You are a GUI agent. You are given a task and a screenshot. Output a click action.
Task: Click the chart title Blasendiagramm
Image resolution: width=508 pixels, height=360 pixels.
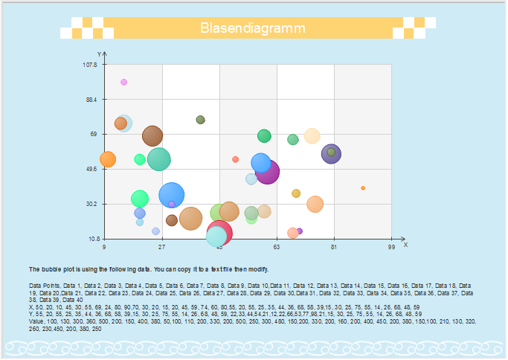[254, 28]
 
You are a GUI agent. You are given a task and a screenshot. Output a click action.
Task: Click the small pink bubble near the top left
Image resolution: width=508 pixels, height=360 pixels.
[123, 82]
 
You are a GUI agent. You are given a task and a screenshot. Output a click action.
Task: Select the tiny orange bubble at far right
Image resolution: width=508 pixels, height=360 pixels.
[363, 188]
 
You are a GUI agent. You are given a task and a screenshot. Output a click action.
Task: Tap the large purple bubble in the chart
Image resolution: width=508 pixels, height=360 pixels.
[267, 171]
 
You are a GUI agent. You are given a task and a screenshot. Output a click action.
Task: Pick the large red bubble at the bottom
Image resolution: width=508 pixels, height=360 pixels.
[219, 232]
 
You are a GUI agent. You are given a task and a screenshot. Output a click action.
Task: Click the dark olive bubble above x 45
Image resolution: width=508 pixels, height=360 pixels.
[200, 120]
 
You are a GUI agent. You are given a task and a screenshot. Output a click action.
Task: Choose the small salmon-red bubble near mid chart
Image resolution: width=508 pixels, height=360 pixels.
[235, 159]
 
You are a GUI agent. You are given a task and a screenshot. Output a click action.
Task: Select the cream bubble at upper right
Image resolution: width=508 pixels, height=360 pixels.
[312, 135]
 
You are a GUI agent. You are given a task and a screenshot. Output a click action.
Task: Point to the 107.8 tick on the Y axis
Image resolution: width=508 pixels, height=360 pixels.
[90, 65]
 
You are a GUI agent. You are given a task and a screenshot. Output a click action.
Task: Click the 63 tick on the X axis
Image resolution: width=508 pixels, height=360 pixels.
[277, 246]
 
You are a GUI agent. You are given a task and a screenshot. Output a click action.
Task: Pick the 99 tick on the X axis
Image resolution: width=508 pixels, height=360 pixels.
[391, 246]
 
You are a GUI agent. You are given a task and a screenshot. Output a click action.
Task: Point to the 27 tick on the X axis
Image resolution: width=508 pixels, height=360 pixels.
[162, 246]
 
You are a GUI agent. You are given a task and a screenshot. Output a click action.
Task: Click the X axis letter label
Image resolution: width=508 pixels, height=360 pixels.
[405, 244]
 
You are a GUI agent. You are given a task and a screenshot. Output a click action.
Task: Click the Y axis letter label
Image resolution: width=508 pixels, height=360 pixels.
[99, 54]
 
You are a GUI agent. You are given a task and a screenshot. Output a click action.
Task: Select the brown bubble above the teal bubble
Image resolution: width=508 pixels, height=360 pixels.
[152, 135]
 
